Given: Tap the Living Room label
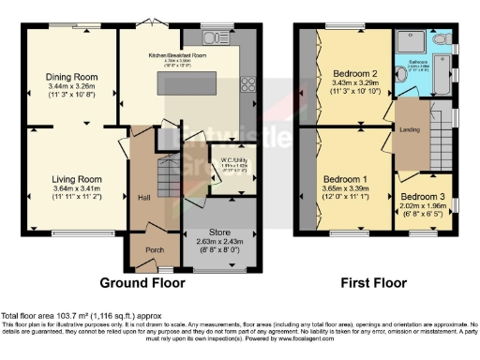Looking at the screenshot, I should (75, 178).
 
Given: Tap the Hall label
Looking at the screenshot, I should (145, 198).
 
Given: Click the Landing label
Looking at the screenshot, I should (409, 130).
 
